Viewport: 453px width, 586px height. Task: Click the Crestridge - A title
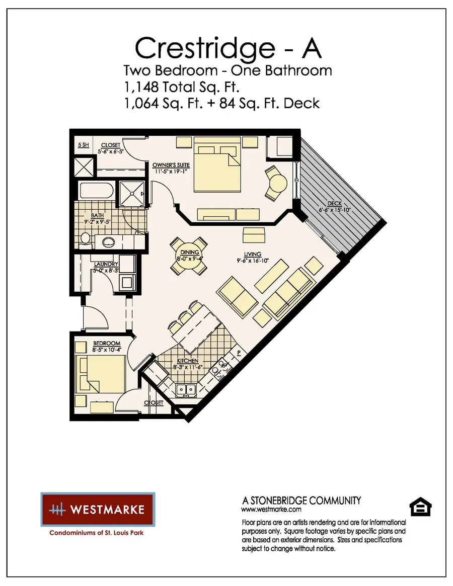point(228,48)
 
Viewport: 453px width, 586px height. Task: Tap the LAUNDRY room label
point(106,264)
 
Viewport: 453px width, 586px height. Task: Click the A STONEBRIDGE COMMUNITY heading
point(301,500)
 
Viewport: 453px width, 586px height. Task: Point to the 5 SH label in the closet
point(83,145)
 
